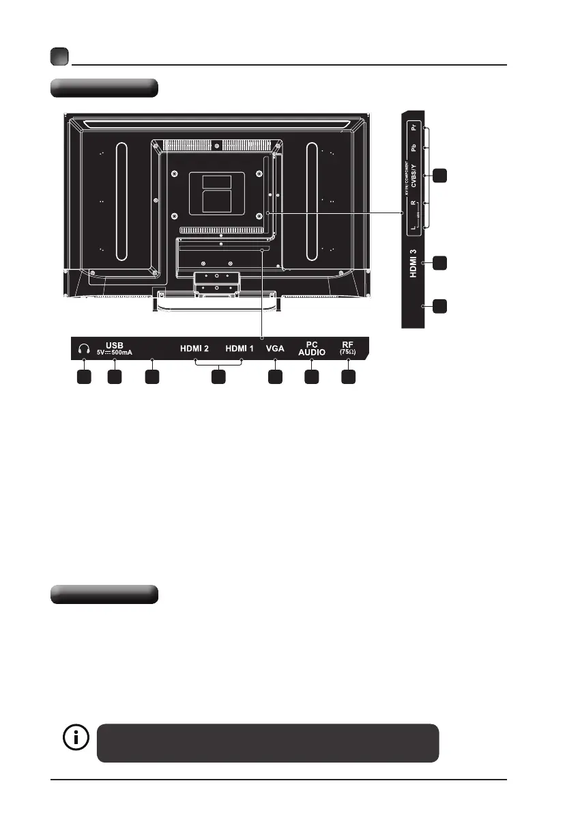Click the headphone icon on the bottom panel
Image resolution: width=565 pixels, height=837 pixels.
pos(83,348)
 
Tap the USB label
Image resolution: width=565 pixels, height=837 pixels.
pos(114,344)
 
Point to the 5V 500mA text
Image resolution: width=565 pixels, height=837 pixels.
pos(114,353)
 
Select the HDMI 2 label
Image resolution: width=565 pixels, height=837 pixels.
pos(194,348)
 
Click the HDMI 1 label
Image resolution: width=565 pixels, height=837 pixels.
pos(240,348)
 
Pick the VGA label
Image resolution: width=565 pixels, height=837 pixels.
pos(275,348)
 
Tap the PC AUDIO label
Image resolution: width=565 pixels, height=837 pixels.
pos(312,348)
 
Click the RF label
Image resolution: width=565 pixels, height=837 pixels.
pos(348,344)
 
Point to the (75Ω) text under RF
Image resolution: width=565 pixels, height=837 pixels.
pos(348,353)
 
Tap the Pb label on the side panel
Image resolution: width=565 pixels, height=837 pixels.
pos(413,148)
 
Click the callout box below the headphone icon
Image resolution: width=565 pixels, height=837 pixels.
pos(83,376)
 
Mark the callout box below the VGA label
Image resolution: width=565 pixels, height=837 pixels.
pos(275,376)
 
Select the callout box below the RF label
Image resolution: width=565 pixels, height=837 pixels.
pos(348,376)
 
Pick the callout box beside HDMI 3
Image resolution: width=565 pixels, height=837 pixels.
pos(441,262)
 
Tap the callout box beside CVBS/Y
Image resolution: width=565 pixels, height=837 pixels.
pos(441,176)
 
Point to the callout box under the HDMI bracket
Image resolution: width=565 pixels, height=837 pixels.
pos(218,376)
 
